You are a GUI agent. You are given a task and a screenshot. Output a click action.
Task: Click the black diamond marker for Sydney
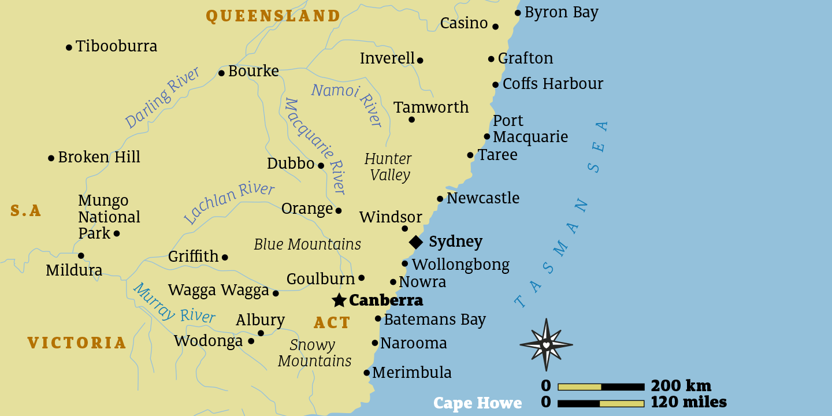tap(415, 242)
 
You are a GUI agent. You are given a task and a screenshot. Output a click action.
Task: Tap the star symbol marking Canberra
tap(339, 300)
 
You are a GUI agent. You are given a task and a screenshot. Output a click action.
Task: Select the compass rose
tap(546, 345)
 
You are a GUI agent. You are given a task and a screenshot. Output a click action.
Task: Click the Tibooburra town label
tap(116, 46)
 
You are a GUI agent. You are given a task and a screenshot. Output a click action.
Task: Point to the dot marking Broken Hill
tap(51, 158)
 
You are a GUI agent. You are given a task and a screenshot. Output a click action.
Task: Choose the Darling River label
tap(162, 98)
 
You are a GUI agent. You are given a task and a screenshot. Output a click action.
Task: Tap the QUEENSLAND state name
tap(273, 16)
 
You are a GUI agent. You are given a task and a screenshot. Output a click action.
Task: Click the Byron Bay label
tap(561, 13)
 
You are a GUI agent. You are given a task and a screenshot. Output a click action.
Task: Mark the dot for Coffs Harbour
tap(496, 85)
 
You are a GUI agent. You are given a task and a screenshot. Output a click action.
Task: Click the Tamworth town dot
tap(411, 120)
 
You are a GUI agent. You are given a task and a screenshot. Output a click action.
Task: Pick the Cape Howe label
tap(477, 403)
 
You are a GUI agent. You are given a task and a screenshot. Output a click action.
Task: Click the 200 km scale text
tap(681, 386)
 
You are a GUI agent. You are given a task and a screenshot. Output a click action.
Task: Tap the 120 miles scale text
tap(688, 402)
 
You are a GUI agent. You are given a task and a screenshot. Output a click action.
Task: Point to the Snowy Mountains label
tap(314, 353)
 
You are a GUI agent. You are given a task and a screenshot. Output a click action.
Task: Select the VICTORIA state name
tap(77, 343)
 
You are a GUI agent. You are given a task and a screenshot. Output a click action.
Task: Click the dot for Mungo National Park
tap(117, 233)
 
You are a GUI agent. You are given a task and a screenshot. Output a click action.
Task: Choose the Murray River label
tap(174, 303)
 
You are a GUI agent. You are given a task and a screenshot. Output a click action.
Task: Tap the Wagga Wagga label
tap(218, 290)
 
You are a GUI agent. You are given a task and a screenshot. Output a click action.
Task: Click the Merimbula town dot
tap(366, 373)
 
